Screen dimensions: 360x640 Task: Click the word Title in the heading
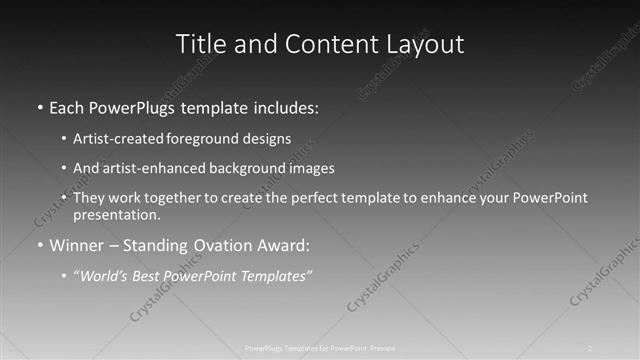click(x=199, y=45)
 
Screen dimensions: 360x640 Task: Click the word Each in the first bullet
click(x=68, y=106)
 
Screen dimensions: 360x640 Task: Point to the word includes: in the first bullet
click(x=287, y=106)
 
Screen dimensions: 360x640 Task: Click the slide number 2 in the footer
click(x=590, y=348)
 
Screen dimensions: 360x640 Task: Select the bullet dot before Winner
click(x=38, y=246)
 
